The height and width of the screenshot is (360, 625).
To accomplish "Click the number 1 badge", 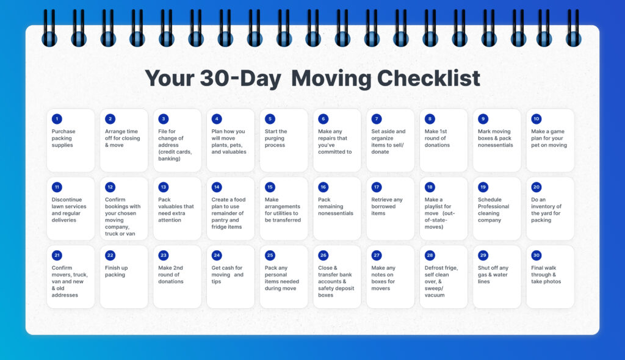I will click(57, 119).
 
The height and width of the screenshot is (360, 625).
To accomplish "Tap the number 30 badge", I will click(536, 256).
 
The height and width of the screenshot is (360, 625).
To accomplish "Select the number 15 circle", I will click(270, 187).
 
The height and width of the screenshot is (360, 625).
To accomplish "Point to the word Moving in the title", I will click(330, 78).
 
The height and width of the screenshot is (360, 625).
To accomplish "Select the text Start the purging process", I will click(276, 138).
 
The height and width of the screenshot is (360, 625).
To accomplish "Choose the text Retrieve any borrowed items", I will click(387, 206).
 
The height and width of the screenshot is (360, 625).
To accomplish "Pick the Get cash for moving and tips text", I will click(227, 275).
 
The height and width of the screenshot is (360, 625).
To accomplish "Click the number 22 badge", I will click(110, 256).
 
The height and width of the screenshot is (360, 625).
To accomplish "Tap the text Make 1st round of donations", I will click(436, 138).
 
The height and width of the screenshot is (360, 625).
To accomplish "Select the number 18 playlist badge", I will click(430, 187).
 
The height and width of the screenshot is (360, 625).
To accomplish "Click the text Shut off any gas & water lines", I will click(493, 275).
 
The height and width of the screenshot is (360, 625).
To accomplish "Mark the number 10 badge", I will click(536, 119).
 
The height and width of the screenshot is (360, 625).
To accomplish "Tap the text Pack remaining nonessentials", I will click(335, 206).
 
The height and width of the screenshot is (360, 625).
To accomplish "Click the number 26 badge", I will click(323, 256).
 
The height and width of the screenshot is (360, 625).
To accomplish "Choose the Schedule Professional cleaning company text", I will click(493, 210).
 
